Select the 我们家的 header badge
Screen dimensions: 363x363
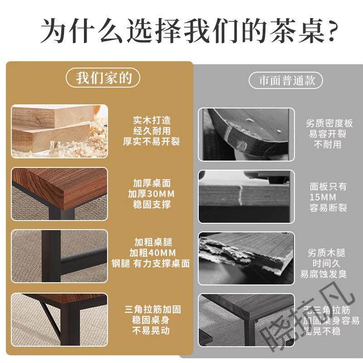point(103,78)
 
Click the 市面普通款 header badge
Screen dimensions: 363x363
point(286,81)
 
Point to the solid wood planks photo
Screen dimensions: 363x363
point(59,131)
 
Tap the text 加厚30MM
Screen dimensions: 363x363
point(152,194)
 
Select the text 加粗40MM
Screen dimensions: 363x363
point(152,253)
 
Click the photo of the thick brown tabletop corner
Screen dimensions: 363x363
point(59,194)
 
